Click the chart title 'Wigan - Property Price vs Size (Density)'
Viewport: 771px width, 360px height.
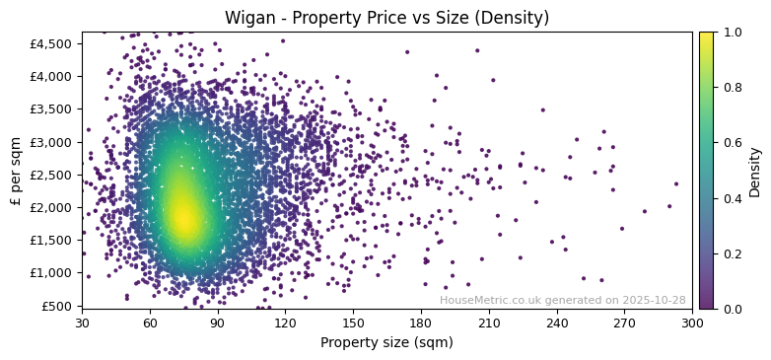[x=386, y=18]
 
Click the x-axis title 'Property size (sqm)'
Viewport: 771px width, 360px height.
[x=386, y=343]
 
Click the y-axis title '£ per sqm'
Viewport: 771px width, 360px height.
[x=16, y=170]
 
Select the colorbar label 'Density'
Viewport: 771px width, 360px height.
[x=755, y=171]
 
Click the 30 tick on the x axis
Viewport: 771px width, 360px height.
[x=82, y=323]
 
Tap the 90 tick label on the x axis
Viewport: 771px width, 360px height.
[x=218, y=323]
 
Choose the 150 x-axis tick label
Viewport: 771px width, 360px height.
[x=353, y=323]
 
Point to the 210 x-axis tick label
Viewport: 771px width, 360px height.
[x=489, y=323]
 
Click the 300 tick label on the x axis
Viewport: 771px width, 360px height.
[x=692, y=323]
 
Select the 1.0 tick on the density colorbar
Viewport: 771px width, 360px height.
[x=731, y=33]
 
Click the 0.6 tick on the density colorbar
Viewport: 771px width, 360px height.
[x=731, y=143]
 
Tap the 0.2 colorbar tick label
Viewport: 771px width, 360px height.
[x=731, y=253]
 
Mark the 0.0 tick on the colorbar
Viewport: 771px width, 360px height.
[x=731, y=309]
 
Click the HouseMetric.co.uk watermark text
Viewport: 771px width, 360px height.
[x=562, y=300]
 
